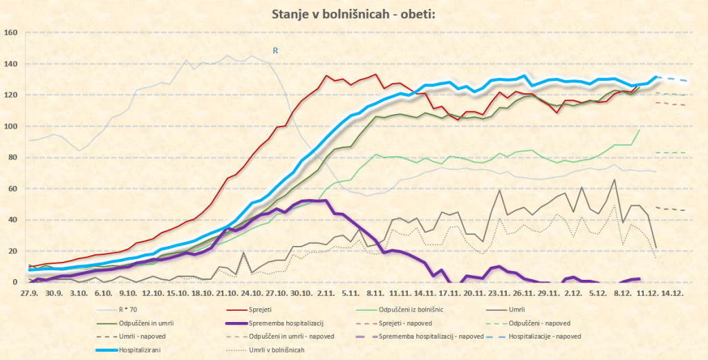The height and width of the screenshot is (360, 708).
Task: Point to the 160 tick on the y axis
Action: [x=10, y=32]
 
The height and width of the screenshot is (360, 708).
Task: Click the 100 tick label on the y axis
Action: [x=10, y=126]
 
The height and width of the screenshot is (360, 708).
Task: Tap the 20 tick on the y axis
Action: [x=12, y=251]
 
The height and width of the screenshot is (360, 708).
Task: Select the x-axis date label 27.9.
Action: [x=29, y=293]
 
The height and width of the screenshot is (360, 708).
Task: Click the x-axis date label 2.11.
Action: [x=327, y=293]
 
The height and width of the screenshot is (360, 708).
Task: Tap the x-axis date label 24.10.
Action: [x=256, y=293]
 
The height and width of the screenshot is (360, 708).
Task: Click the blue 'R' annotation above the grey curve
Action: [x=275, y=50]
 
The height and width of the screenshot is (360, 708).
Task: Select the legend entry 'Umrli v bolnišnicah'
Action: [x=256, y=350]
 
